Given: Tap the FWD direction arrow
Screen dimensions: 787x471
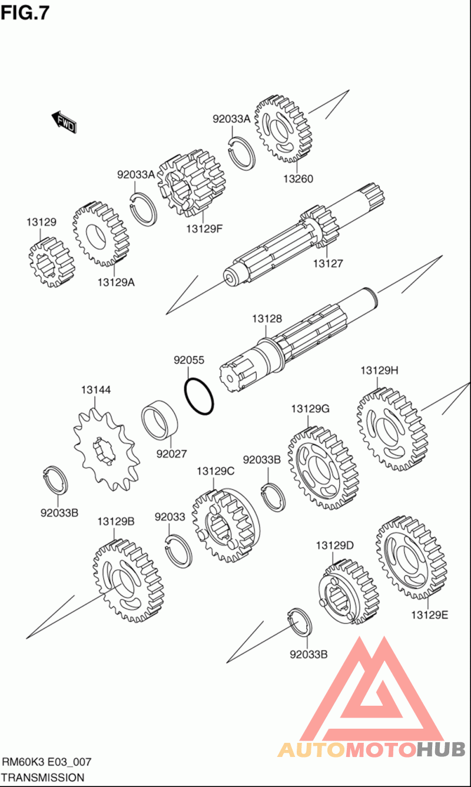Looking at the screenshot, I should [64, 123].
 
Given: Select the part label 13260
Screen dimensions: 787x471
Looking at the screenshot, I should [298, 179].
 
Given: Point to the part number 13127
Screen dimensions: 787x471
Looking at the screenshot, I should [327, 263].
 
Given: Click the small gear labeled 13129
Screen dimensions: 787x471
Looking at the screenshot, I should [51, 262].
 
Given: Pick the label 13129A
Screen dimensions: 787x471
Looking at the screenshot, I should [116, 282].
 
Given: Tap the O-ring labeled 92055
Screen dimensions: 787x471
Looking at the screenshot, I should [200, 396].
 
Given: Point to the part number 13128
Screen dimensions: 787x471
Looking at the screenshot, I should [267, 319].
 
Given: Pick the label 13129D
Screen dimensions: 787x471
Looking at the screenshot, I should [334, 545].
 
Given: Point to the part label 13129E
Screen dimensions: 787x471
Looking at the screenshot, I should [430, 615].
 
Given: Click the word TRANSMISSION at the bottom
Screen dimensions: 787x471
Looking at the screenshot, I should [42, 778].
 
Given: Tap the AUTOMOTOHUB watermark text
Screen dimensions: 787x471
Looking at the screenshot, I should [371, 749].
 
